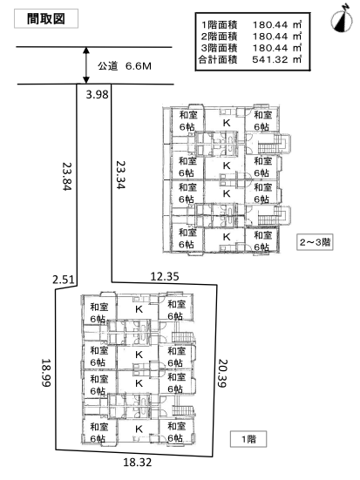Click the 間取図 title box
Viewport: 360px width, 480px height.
point(46,19)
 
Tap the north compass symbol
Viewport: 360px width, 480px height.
point(342,19)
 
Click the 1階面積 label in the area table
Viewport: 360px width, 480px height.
point(219,24)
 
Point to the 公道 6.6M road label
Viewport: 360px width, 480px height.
point(125,66)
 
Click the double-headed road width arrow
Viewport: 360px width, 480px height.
point(86,65)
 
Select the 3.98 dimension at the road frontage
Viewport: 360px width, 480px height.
point(97,94)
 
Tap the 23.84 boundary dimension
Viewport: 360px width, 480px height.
point(67,175)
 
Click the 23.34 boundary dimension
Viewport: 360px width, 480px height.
point(120,174)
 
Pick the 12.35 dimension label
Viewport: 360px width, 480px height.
point(165,276)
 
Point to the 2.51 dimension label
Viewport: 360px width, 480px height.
point(64,280)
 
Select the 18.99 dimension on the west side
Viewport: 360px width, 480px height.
point(46,373)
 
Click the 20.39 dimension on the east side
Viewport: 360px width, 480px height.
point(222,373)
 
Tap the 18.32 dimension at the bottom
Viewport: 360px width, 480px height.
point(138,462)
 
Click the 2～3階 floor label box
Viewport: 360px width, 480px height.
point(315,242)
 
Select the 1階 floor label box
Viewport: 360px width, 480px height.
point(248,439)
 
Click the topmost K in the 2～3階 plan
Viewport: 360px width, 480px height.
point(227,123)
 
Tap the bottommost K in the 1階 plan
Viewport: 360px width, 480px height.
point(139,429)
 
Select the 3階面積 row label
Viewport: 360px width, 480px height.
point(219,48)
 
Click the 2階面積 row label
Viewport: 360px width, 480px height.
point(219,36)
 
